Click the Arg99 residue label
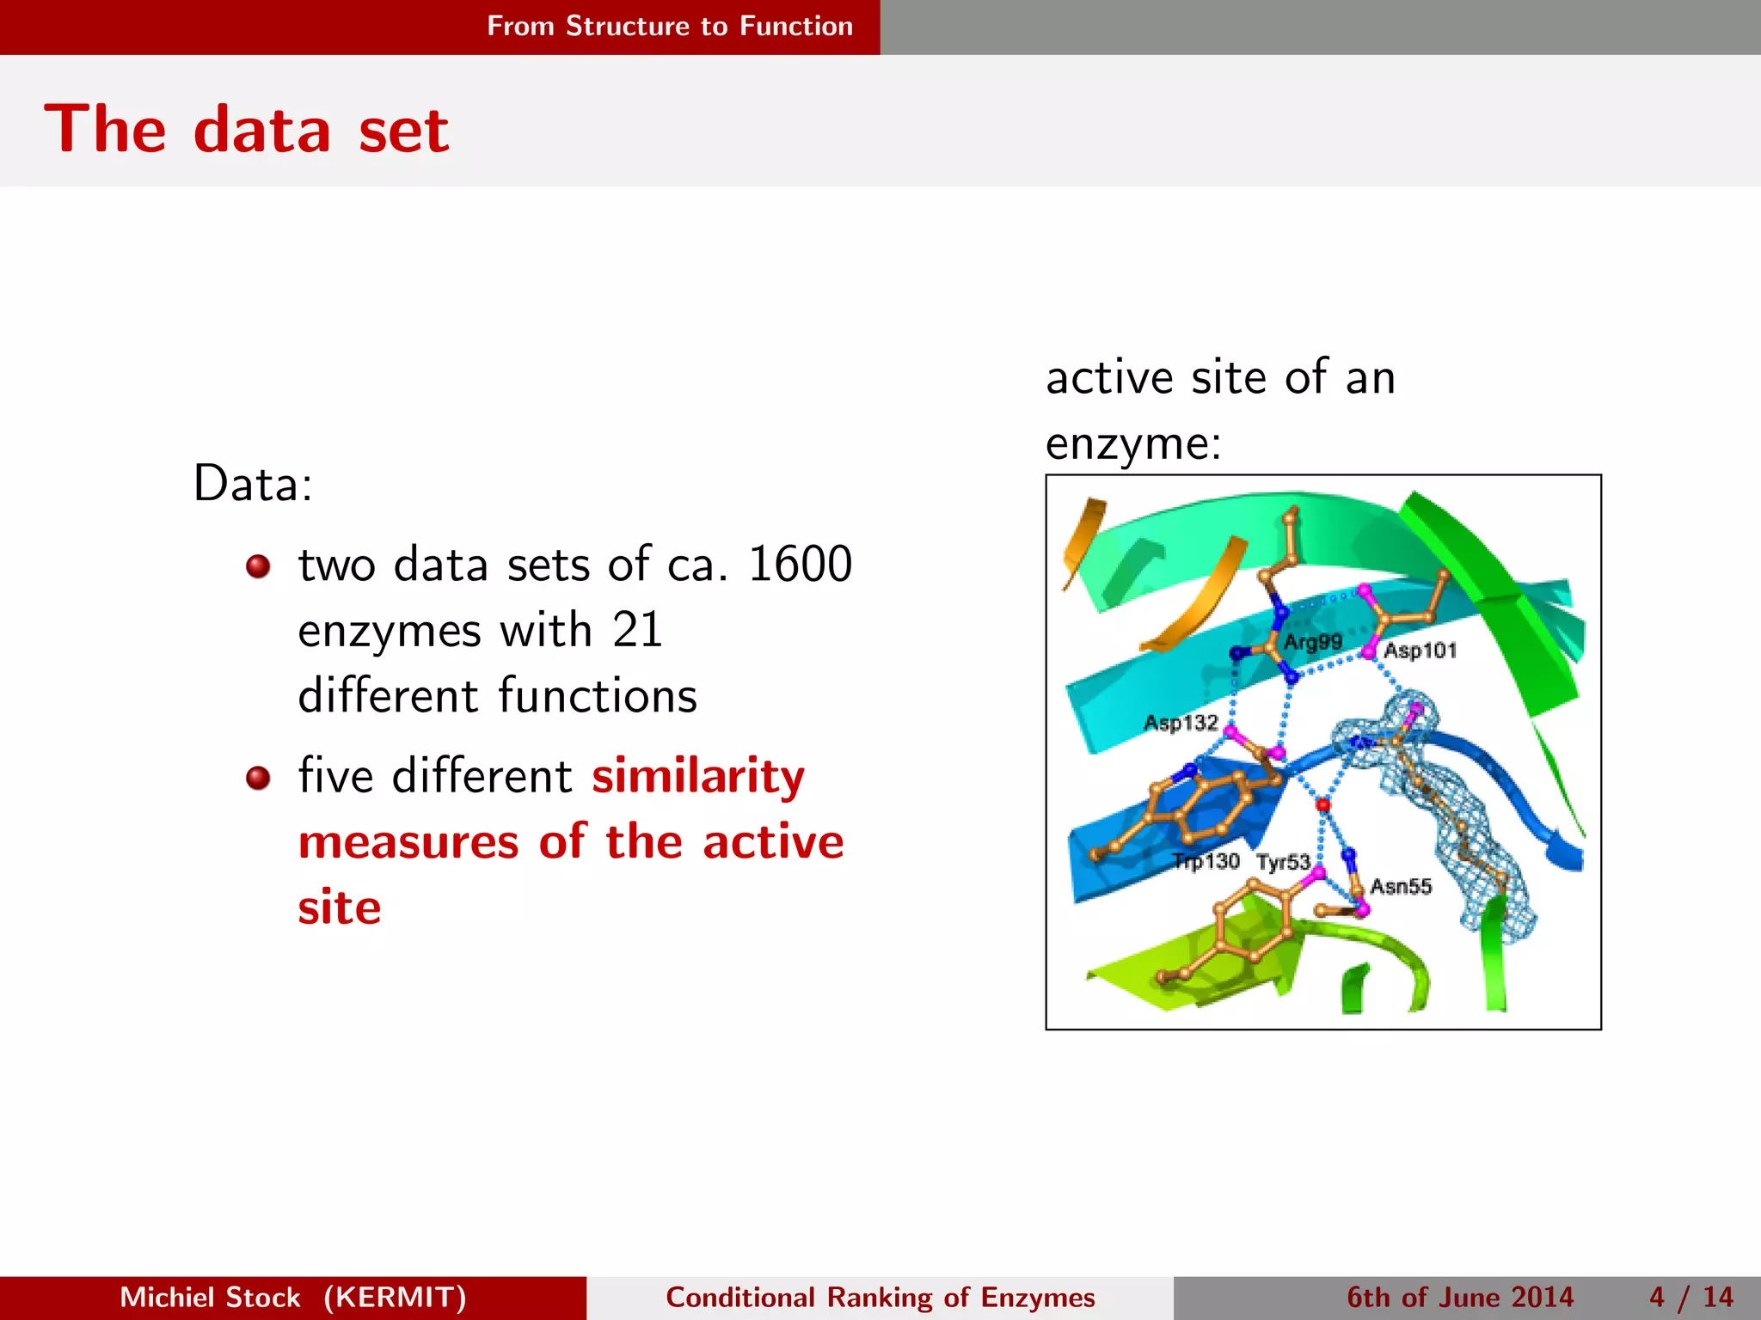pyautogui.click(x=1312, y=642)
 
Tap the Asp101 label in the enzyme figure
pyautogui.click(x=1420, y=651)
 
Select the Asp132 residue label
pyautogui.click(x=1181, y=723)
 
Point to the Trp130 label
pyautogui.click(x=1207, y=861)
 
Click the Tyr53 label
pyautogui.click(x=1283, y=862)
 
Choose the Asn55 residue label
pyautogui.click(x=1401, y=886)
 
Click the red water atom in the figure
pyautogui.click(x=1323, y=805)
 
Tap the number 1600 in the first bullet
pyautogui.click(x=800, y=565)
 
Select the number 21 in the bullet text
pyautogui.click(x=637, y=630)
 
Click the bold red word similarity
pyautogui.click(x=698, y=776)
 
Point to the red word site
pyautogui.click(x=340, y=907)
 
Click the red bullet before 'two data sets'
pyautogui.click(x=258, y=566)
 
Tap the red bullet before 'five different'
pyautogui.click(x=258, y=778)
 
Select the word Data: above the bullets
pyautogui.click(x=253, y=483)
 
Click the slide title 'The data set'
pyautogui.click(x=247, y=131)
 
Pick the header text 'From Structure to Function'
pyautogui.click(x=670, y=27)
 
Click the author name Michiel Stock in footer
pyautogui.click(x=210, y=1297)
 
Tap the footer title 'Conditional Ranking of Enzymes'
pyautogui.click(x=880, y=1297)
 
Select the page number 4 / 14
pyautogui.click(x=1690, y=1297)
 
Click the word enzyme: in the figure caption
pyautogui.click(x=1133, y=444)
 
